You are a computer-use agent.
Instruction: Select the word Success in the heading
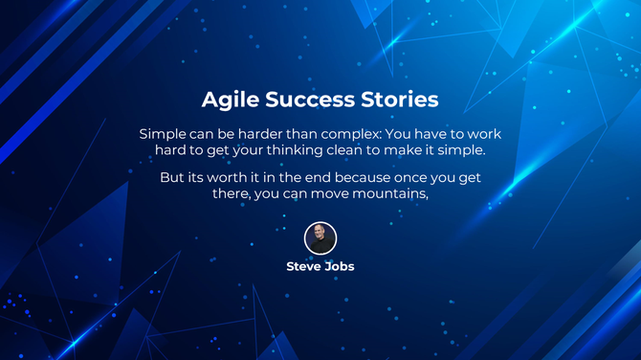[x=306, y=100]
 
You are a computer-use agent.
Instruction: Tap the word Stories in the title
[x=400, y=100]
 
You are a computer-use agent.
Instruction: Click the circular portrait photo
[x=320, y=238]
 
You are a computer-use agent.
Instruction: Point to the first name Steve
[x=304, y=266]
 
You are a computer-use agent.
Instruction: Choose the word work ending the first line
[x=483, y=133]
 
